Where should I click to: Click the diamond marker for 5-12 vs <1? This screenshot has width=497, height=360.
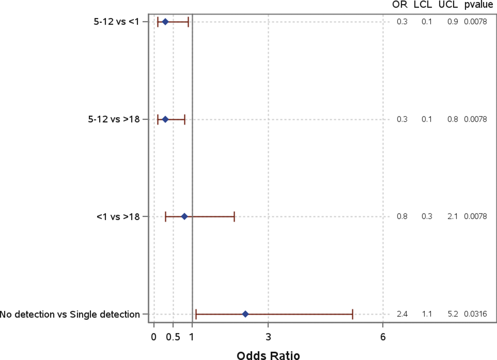[x=165, y=22]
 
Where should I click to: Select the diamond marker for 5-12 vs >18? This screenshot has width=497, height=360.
[x=165, y=119]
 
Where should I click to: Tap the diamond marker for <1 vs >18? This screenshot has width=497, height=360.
[x=184, y=217]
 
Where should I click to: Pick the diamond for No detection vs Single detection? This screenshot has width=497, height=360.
[x=245, y=314]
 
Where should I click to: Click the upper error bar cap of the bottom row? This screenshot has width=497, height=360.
[x=353, y=314]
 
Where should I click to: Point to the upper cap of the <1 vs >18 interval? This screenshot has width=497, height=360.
[x=234, y=217]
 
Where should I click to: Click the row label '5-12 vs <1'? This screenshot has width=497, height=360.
[x=116, y=22]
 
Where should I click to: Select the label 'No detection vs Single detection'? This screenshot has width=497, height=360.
[x=70, y=314]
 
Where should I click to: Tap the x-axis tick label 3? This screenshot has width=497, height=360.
[x=268, y=337]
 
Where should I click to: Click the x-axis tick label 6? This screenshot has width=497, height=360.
[x=383, y=337]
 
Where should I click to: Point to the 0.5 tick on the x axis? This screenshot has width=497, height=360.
[x=173, y=337]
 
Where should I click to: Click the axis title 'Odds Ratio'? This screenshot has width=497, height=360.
[x=268, y=355]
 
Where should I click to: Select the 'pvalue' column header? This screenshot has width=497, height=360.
[x=478, y=5]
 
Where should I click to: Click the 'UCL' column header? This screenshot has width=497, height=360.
[x=448, y=5]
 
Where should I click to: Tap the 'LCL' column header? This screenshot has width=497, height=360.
[x=423, y=5]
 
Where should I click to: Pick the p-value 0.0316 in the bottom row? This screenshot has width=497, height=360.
[x=475, y=314]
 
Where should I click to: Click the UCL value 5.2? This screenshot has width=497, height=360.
[x=453, y=314]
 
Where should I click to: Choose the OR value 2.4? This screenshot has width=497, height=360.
[x=402, y=314]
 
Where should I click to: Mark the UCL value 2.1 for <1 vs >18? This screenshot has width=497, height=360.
[x=453, y=217]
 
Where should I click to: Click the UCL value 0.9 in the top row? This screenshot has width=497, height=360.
[x=453, y=22]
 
